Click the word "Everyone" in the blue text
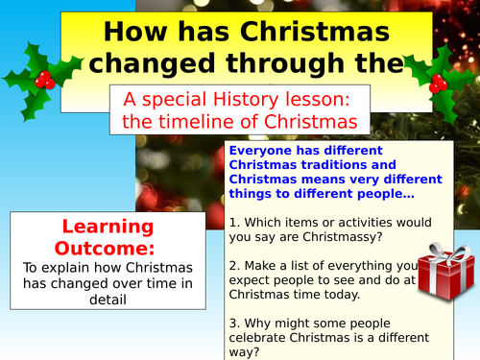click(264, 152)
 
